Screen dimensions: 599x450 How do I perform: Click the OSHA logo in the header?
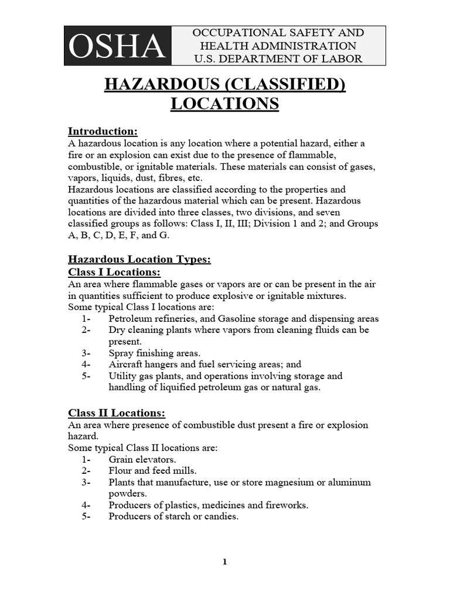tap(117, 46)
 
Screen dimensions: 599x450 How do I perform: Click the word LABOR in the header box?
tap(342, 58)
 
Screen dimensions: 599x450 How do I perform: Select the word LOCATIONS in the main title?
tap(225, 104)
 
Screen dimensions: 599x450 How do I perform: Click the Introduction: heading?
tap(103, 131)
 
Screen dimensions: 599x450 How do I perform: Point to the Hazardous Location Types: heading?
tap(139, 259)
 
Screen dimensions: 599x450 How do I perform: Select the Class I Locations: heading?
tap(114, 273)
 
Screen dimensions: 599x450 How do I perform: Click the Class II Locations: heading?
tap(117, 413)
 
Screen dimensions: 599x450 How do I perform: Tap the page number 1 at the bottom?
tap(224, 562)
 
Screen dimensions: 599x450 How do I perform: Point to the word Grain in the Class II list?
tap(121, 459)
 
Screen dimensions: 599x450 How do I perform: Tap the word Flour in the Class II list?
tap(120, 470)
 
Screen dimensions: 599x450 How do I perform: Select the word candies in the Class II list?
tap(221, 517)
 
